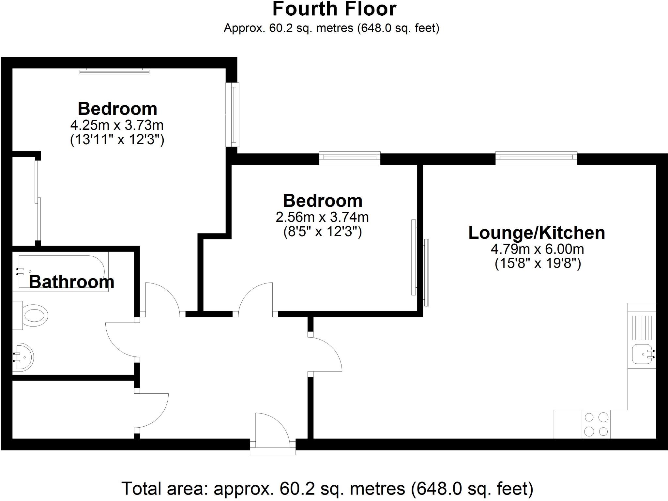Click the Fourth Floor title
click(334, 9)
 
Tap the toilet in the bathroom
click(33, 315)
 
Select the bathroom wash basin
click(23, 357)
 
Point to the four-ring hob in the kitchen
click(596, 424)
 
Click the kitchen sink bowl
click(641, 354)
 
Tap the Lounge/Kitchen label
click(537, 233)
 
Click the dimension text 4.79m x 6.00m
click(537, 249)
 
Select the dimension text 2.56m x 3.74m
click(322, 217)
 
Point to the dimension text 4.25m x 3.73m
click(117, 125)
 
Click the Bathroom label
click(72, 282)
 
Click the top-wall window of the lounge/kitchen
click(536, 158)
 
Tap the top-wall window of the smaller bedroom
click(350, 158)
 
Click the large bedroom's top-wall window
click(114, 71)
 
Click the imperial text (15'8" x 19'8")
click(538, 263)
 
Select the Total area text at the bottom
click(327, 488)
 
